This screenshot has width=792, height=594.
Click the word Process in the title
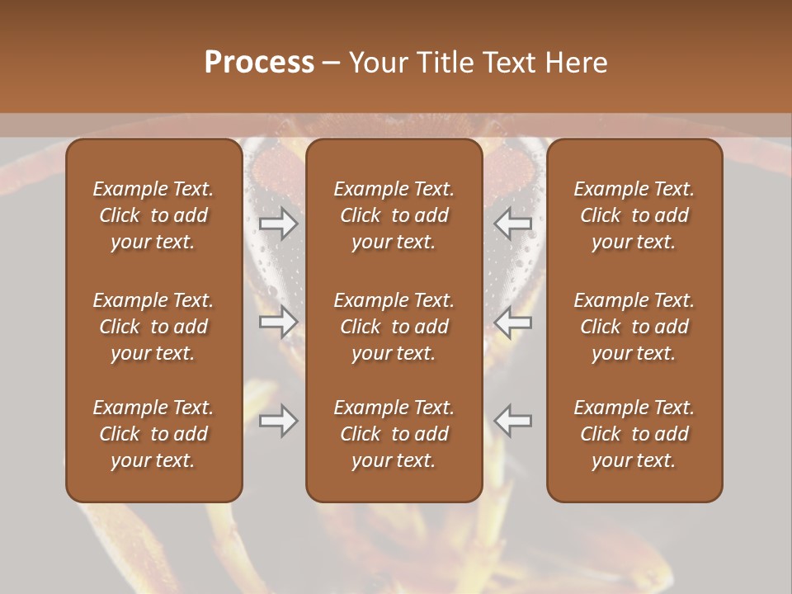point(259,63)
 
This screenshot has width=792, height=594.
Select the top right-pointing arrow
point(279,224)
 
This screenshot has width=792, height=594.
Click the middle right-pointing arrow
point(279,322)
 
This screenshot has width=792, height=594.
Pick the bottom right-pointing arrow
point(279,421)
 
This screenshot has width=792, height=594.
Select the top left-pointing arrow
point(512,224)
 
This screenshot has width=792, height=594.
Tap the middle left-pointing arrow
point(512,322)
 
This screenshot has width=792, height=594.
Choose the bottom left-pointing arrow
point(512,421)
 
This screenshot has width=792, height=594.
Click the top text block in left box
point(153,215)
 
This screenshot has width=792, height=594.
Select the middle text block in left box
point(153,327)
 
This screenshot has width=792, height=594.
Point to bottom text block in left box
point(153,434)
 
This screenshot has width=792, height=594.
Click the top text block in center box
point(394,215)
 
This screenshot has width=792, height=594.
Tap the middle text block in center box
point(394,327)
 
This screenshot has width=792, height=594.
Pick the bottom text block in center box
point(394,434)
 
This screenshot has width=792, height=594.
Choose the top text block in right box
point(634,215)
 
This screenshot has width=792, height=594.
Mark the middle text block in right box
point(634,327)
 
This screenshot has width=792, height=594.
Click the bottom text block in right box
point(634,434)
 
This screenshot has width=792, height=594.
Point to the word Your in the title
point(376,63)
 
